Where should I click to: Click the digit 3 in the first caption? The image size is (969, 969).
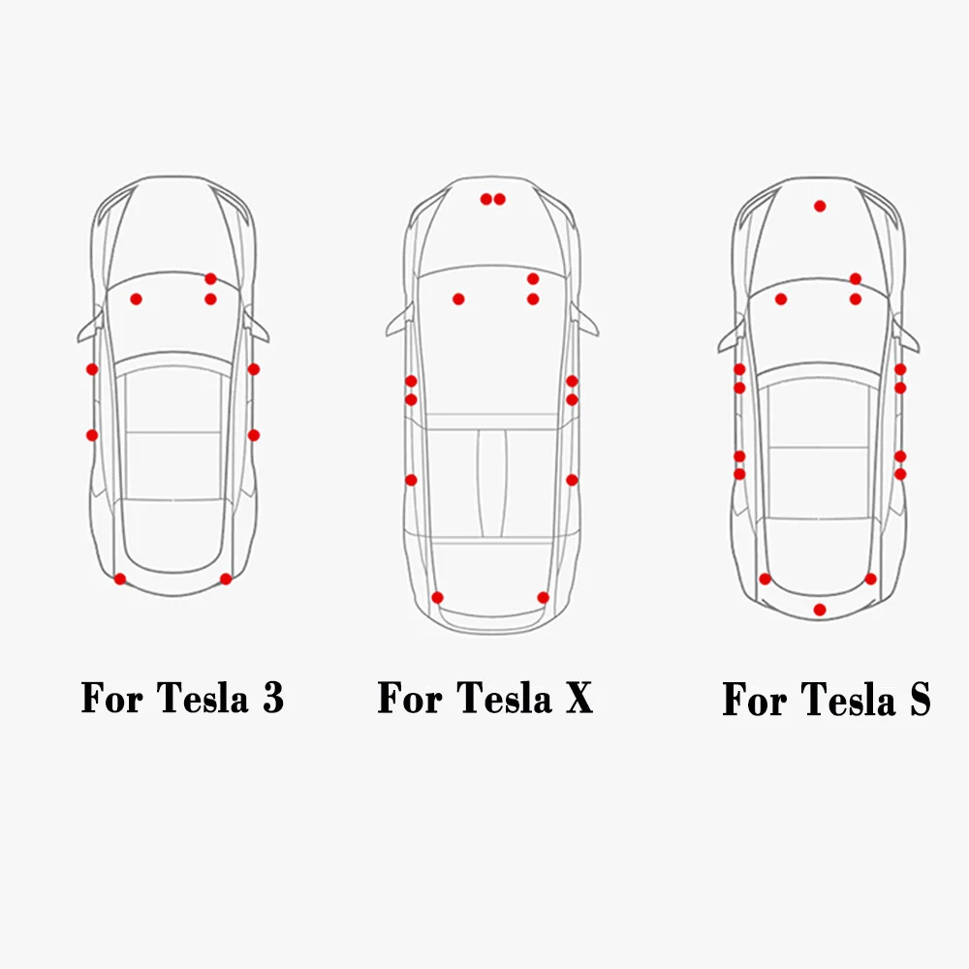pyautogui.click(x=272, y=698)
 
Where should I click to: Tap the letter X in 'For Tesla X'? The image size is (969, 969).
pyautogui.click(x=578, y=698)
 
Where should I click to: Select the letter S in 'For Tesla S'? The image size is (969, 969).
pyautogui.click(x=919, y=700)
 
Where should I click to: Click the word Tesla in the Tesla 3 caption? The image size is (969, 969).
pyautogui.click(x=202, y=698)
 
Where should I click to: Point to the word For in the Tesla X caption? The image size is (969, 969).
pyautogui.click(x=412, y=698)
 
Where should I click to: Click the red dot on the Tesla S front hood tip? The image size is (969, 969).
pyautogui.click(x=820, y=205)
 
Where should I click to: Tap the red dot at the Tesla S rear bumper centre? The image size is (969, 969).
pyautogui.click(x=820, y=610)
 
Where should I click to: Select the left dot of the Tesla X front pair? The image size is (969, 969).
pyautogui.click(x=486, y=200)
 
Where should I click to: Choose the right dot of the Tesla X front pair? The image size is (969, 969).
pyautogui.click(x=500, y=200)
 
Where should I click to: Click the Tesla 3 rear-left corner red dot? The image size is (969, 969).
pyautogui.click(x=120, y=578)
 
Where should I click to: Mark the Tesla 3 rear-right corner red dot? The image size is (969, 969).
pyautogui.click(x=226, y=578)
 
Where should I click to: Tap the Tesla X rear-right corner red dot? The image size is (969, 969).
pyautogui.click(x=543, y=597)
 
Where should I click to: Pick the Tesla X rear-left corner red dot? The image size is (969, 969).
pyautogui.click(x=437, y=597)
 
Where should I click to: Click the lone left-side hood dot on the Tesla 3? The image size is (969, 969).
pyautogui.click(x=137, y=298)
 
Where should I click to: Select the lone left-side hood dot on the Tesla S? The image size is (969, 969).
pyautogui.click(x=781, y=298)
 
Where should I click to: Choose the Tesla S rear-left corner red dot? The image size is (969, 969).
pyautogui.click(x=766, y=578)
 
